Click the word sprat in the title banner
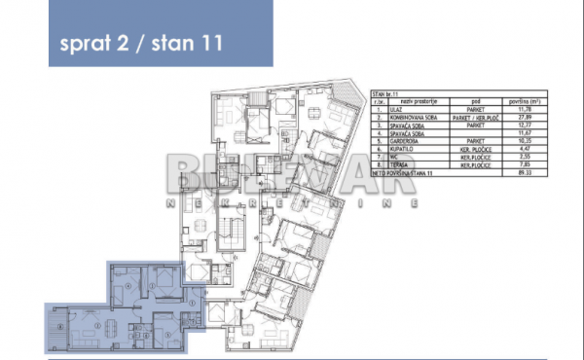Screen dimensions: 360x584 pyautogui.click(x=82, y=44)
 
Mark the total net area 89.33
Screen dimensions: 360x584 pyautogui.click(x=529, y=172)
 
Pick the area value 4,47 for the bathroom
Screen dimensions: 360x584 pyautogui.click(x=529, y=149)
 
